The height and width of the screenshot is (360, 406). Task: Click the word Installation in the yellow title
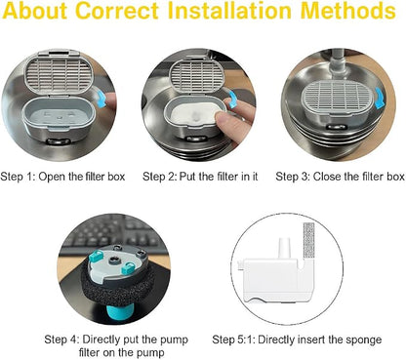[x=229, y=11]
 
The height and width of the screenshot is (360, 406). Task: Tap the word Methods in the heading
[x=348, y=11]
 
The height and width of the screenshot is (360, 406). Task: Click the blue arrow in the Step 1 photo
[x=101, y=99]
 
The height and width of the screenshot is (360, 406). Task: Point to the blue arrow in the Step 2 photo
[x=232, y=99]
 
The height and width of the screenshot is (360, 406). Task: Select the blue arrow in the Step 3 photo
[x=380, y=98]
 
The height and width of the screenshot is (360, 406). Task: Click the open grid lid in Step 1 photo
[x=60, y=73]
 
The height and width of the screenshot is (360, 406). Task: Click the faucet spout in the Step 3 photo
[x=338, y=64]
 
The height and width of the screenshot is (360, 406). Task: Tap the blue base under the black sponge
[x=119, y=312]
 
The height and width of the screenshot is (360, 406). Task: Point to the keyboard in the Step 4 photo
[x=114, y=233]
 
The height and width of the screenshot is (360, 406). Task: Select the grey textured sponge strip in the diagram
[x=308, y=240]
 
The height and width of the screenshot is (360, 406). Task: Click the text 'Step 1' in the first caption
[x=18, y=177]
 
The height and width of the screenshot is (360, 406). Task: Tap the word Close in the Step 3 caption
[x=327, y=177]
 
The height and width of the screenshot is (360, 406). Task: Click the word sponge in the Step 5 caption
[x=364, y=340]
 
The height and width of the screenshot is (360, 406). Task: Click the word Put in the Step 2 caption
[x=187, y=177]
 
